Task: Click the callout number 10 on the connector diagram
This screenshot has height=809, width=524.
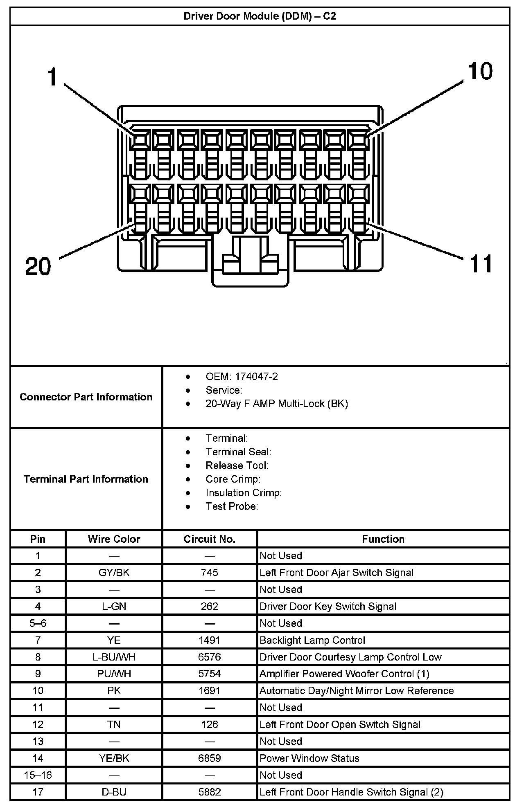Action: pos(480,71)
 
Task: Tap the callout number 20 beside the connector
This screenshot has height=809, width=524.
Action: pos(38,266)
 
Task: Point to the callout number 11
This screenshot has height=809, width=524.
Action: pos(481,264)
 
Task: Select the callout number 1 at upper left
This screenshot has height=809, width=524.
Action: pos(52,77)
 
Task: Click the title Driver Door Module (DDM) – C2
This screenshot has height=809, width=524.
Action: pos(260,16)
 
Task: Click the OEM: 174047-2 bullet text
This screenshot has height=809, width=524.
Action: pos(242,377)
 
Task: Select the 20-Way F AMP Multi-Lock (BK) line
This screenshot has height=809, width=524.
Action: pos(276,404)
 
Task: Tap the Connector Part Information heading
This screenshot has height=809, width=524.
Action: pos(86,397)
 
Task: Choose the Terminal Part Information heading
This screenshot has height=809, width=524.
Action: pos(86,479)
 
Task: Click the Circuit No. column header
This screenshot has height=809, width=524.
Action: pos(210,539)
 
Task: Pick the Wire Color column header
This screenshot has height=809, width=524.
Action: pos(114,539)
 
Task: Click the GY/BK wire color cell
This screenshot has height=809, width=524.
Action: pos(114,573)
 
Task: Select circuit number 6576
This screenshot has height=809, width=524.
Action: pos(210,657)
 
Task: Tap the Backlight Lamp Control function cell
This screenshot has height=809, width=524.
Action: pos(312,640)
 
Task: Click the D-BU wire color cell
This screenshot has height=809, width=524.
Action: pos(114,792)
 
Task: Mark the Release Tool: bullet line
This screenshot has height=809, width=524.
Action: pos(237,466)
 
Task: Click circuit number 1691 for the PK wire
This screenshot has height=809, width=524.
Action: pos(210,691)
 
